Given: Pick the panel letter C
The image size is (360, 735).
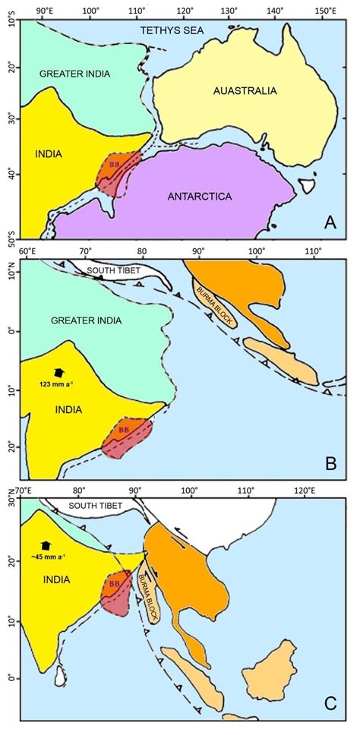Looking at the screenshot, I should [x=330, y=703].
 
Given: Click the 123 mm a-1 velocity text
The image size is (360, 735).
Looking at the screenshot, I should [x=56, y=386].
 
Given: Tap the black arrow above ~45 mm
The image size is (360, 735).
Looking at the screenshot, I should [x=46, y=546].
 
